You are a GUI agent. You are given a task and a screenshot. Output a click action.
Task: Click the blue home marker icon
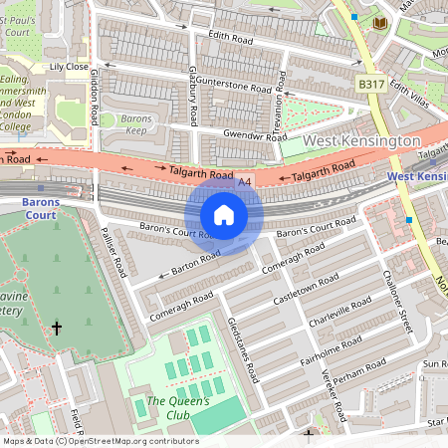(224, 215)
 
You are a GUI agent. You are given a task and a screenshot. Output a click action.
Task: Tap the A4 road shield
(245, 182)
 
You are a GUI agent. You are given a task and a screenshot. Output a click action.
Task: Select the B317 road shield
(370, 87)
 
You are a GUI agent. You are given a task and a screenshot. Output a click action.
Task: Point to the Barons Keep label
(135, 124)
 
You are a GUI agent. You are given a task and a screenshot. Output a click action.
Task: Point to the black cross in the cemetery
(57, 328)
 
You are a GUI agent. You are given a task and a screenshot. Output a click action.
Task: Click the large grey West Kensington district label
(361, 141)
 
